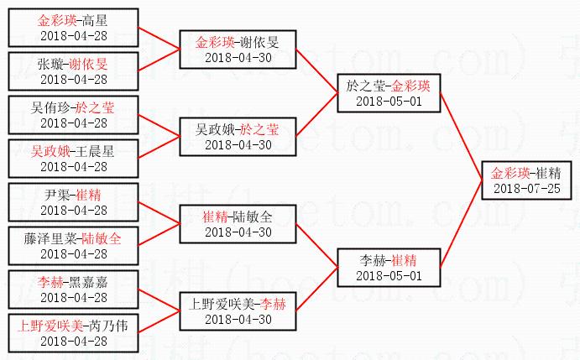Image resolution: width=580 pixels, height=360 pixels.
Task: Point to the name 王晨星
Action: [x=96, y=152]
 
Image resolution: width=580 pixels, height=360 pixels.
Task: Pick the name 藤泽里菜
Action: [x=52, y=238]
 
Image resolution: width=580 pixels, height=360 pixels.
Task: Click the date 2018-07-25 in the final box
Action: [x=526, y=188]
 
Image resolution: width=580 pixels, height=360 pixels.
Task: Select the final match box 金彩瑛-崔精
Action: [x=526, y=180]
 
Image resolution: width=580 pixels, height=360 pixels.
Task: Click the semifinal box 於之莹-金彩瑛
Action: [x=388, y=93]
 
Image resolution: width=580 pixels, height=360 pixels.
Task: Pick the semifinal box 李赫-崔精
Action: [x=388, y=267]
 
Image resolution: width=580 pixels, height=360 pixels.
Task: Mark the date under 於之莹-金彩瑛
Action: [x=388, y=102]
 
